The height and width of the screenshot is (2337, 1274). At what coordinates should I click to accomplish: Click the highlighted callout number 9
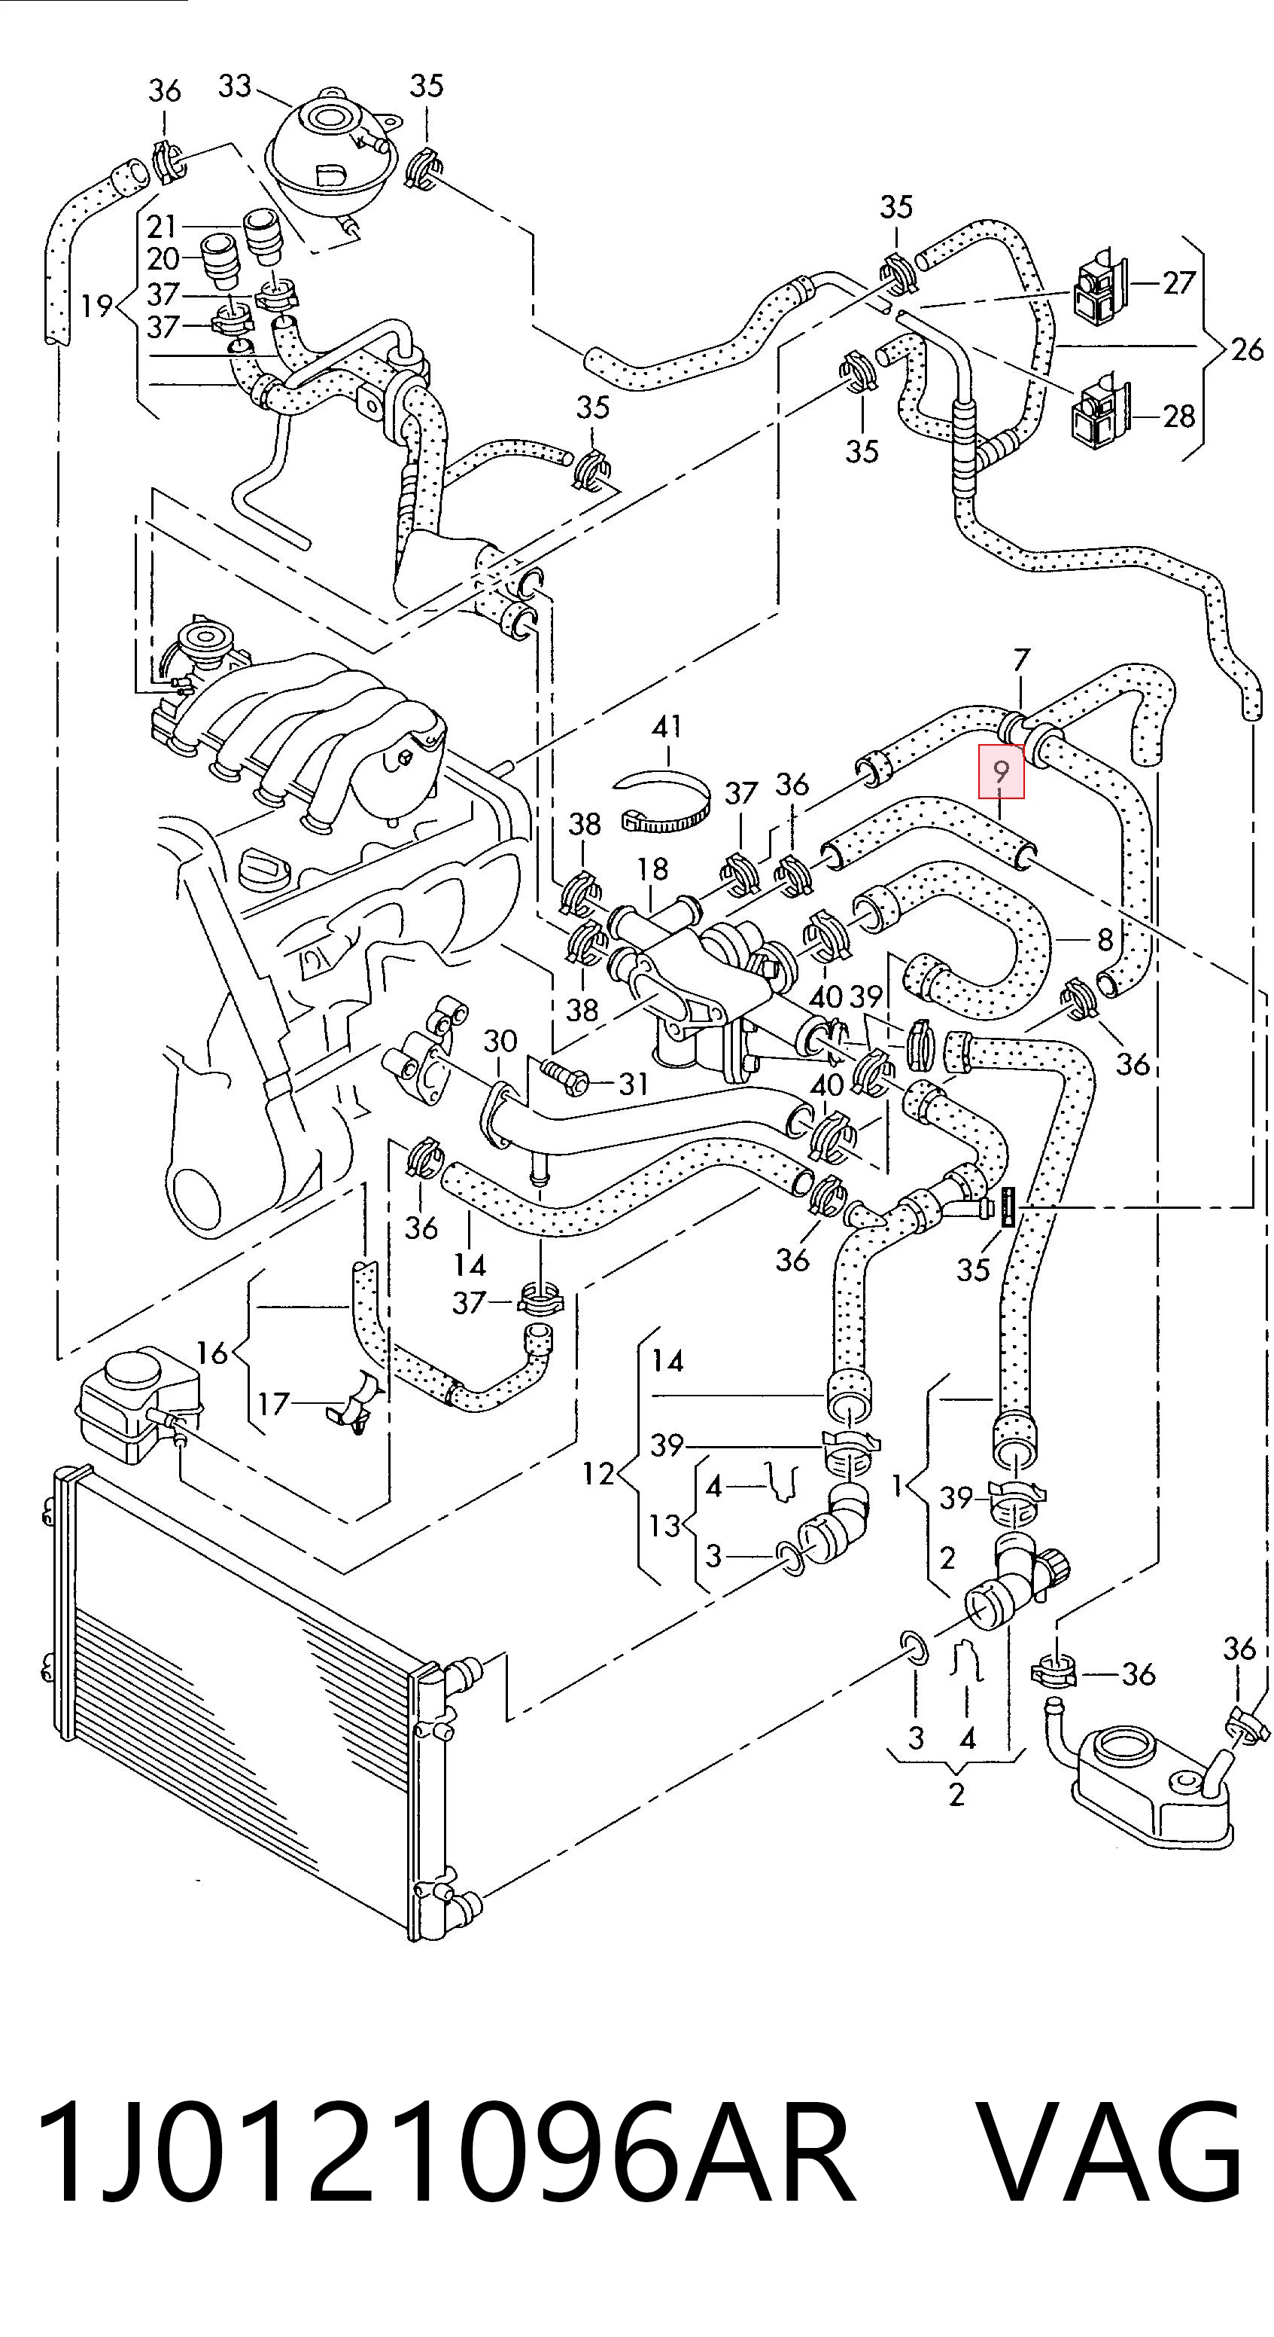click(x=1001, y=771)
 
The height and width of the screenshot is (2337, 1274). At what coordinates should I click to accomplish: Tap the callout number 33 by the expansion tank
click(x=234, y=86)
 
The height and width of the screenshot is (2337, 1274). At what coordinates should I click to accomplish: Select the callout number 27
click(x=1178, y=283)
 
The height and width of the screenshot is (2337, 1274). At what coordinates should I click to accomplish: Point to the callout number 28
click(x=1178, y=416)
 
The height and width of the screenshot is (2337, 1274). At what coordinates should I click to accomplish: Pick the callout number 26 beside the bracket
click(x=1247, y=349)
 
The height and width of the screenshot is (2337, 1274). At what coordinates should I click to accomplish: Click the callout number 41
click(x=667, y=727)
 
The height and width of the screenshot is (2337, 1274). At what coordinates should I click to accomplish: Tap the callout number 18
click(x=652, y=869)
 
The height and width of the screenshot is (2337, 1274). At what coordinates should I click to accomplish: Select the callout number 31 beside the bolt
click(x=633, y=1083)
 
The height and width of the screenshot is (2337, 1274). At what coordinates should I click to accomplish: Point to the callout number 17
click(x=272, y=1403)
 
